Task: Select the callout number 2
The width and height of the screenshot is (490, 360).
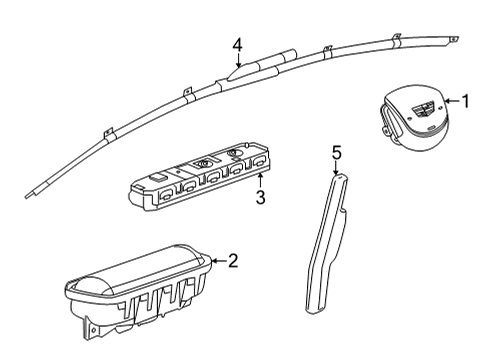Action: point(232,262)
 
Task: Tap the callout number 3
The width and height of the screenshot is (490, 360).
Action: point(259,197)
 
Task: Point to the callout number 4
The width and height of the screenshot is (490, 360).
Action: point(237,44)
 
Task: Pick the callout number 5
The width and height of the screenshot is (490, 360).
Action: point(337,152)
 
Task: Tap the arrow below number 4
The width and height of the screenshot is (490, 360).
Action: point(237,62)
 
